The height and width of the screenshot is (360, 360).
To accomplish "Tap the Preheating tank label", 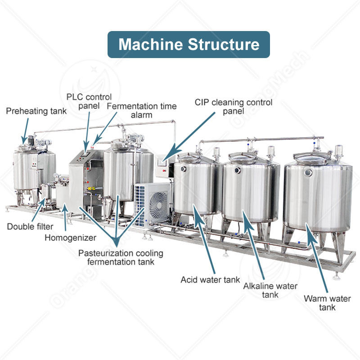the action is point(36,111).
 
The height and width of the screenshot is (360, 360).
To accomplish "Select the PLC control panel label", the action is point(89,101).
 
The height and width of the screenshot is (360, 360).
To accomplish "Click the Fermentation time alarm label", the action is point(142,111).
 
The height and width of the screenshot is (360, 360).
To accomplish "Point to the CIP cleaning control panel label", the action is point(233,107).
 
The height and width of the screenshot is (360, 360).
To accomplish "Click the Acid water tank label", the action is point(210,279).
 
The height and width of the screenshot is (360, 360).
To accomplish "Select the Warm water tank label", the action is point(327,303).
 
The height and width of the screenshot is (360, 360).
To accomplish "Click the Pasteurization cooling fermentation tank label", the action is point(121,257).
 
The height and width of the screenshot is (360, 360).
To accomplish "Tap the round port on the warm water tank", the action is point(308,172).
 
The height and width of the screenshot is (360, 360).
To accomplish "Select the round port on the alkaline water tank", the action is point(237,170).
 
